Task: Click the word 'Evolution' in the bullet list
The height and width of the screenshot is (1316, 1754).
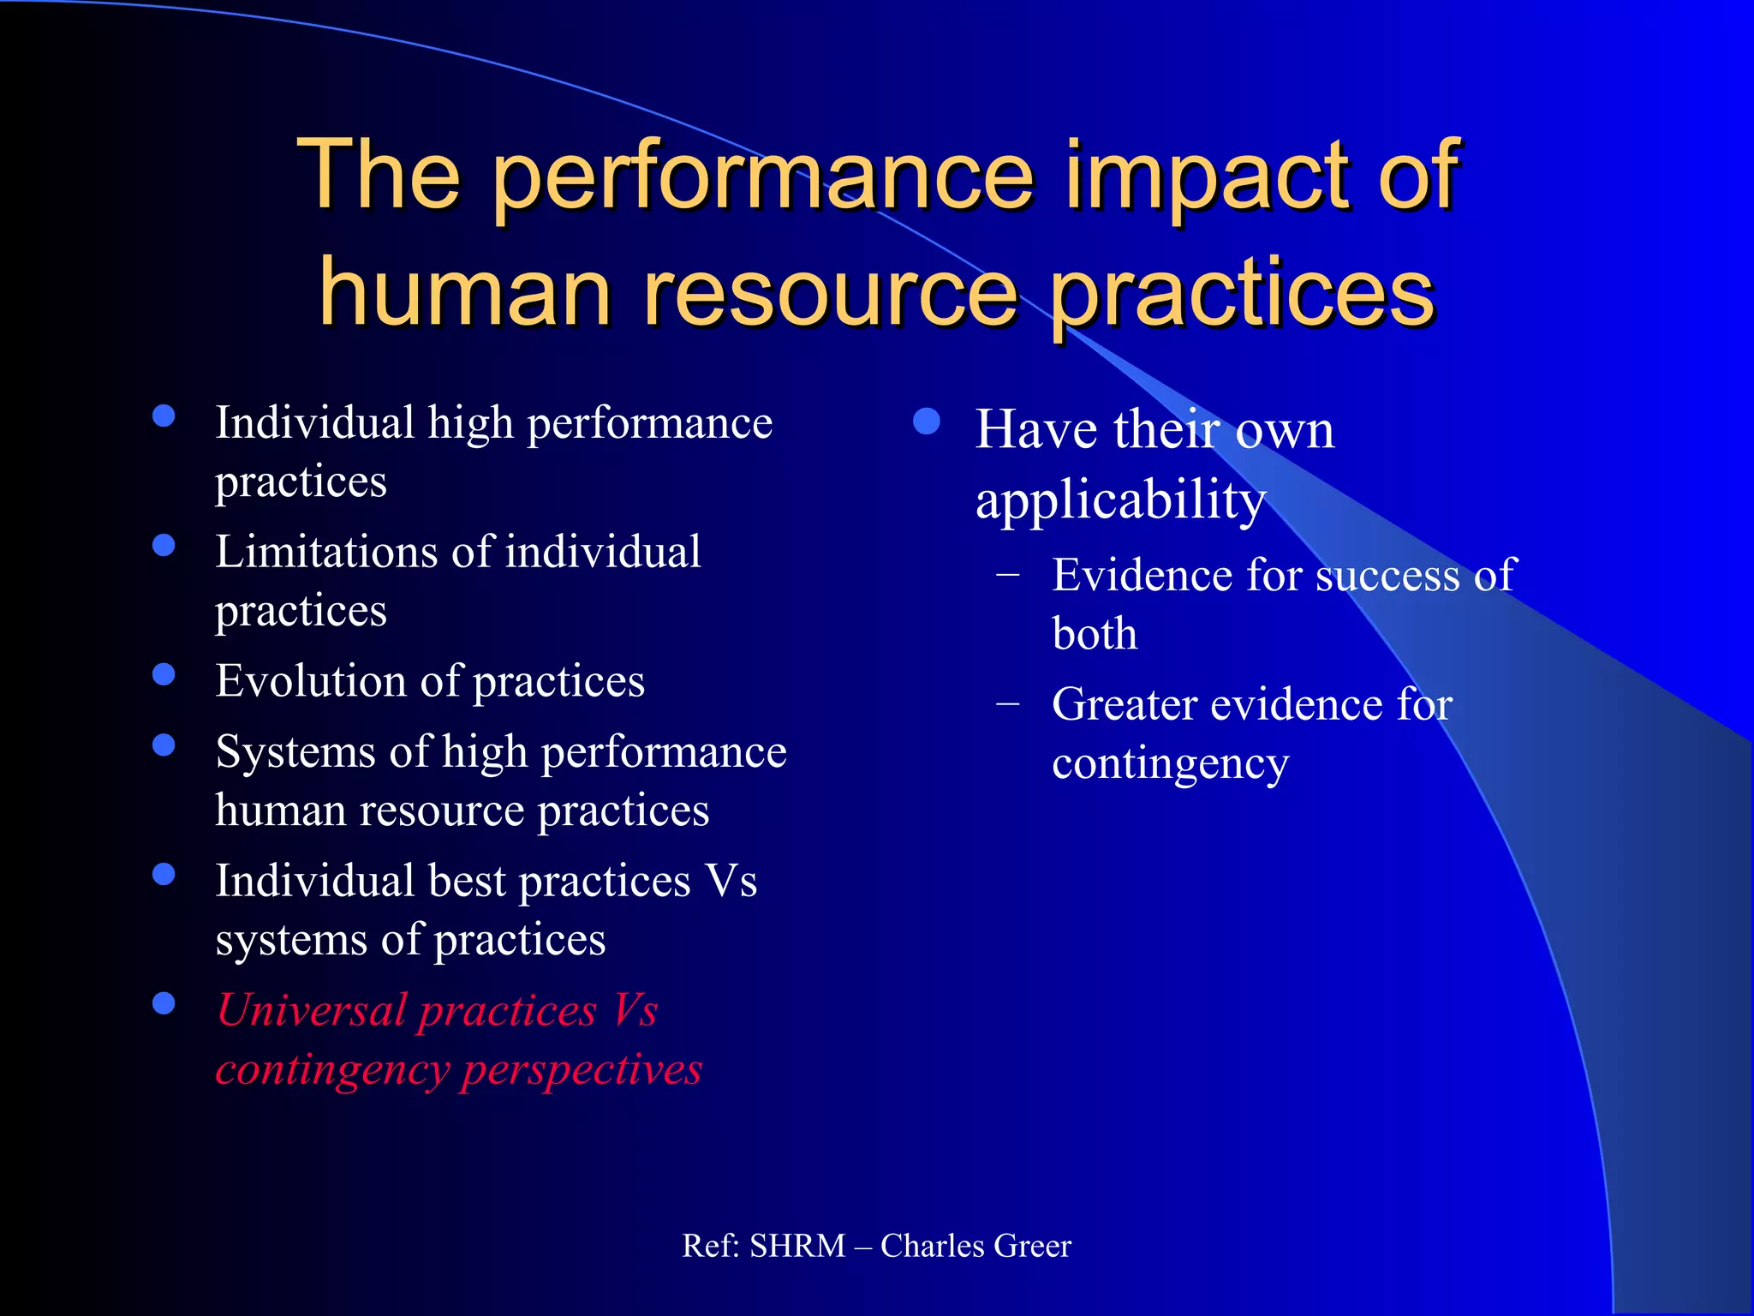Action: tap(309, 681)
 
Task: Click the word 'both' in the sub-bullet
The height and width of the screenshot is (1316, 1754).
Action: tap(1095, 635)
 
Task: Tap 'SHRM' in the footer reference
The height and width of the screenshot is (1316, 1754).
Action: tap(797, 1246)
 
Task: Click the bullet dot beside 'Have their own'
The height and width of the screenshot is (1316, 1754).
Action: tap(927, 422)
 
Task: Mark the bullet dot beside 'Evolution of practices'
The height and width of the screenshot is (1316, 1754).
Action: tap(164, 674)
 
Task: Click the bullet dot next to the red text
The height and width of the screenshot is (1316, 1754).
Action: tap(164, 1003)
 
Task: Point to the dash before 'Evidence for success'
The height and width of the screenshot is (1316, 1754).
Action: tap(1008, 575)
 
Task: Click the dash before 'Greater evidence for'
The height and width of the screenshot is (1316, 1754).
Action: tap(1008, 704)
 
